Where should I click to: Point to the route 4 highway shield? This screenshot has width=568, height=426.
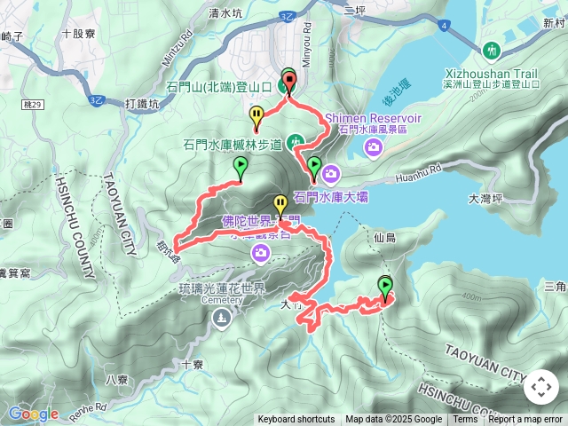(443, 27)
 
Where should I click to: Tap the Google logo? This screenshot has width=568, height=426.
(33, 414)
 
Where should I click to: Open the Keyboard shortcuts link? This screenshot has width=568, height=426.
(296, 420)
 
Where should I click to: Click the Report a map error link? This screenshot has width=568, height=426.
(525, 420)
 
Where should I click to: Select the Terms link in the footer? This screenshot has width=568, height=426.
(465, 420)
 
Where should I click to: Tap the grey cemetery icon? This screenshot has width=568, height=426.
(218, 319)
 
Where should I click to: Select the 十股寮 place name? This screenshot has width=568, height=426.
(79, 34)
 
